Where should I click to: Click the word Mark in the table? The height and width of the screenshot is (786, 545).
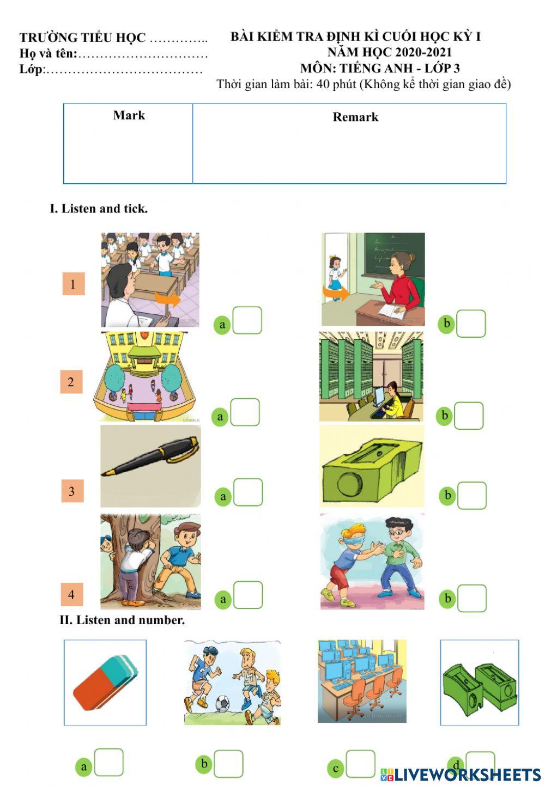129,115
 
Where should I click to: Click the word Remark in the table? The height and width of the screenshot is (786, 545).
355,117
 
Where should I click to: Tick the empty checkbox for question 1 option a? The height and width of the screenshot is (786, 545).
247,320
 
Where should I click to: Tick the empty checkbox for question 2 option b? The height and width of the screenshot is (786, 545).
469,416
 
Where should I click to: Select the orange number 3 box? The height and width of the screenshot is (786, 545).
72,491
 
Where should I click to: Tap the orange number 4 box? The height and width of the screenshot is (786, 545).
72,594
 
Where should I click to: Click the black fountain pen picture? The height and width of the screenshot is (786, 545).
150,456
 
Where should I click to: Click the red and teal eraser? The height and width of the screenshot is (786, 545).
105,683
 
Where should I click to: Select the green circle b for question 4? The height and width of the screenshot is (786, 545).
447,598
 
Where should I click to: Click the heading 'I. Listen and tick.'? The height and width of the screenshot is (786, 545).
99,209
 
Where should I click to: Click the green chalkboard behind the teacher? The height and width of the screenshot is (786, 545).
394,253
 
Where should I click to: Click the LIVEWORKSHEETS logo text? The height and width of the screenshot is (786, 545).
461,775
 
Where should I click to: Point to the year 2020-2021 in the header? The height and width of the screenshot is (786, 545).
424,52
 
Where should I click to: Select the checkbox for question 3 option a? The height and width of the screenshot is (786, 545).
248,492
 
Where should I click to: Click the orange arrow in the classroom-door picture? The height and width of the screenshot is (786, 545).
336,293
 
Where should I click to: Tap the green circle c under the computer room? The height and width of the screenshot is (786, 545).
336,768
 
